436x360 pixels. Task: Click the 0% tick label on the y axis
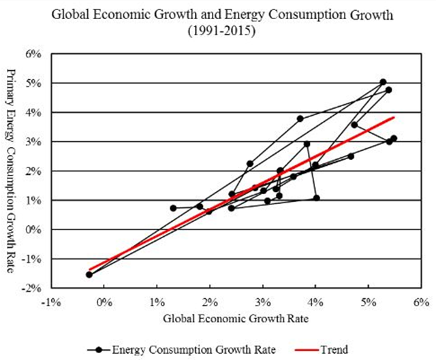(38, 230)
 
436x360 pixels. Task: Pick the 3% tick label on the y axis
(38, 142)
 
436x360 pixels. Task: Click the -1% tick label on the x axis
(52, 300)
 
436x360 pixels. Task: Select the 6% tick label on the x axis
(421, 300)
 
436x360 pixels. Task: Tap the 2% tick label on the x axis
(210, 300)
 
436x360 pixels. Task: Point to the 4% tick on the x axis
(315, 300)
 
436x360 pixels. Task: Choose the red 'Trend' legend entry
(320, 349)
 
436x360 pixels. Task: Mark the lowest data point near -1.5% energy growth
(89, 274)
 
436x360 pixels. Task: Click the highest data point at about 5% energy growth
(383, 82)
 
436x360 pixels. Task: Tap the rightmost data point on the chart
(394, 138)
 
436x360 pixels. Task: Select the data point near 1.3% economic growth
(173, 208)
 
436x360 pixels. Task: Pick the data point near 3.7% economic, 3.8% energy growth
(300, 118)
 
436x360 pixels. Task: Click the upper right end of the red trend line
(394, 117)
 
